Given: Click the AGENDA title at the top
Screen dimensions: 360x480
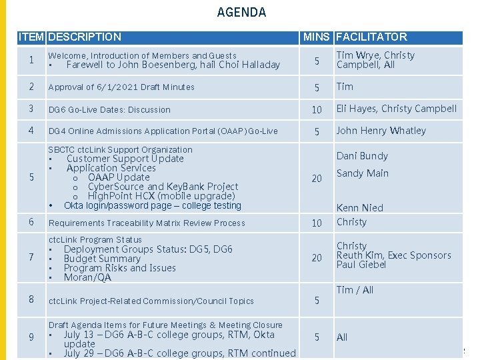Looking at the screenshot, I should click(x=241, y=12).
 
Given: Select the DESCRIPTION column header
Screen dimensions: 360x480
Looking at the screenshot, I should click(x=85, y=37).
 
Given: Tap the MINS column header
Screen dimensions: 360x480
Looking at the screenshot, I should click(x=316, y=37).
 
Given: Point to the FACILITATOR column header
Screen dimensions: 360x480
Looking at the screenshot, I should click(x=371, y=37).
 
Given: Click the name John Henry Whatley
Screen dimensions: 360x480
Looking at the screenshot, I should click(x=381, y=131).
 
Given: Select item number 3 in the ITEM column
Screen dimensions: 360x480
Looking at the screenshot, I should click(x=31, y=109).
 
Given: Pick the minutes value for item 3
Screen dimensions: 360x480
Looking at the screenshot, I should click(x=317, y=109).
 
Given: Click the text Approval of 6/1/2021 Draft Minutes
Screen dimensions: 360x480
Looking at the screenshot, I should click(x=121, y=87).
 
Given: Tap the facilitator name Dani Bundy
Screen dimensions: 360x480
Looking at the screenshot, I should click(x=362, y=156).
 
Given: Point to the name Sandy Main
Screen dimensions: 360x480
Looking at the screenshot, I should click(x=362, y=173).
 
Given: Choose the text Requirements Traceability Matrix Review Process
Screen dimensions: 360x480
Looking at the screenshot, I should click(x=147, y=223).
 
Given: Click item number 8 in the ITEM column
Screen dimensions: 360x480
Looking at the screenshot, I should click(x=31, y=300).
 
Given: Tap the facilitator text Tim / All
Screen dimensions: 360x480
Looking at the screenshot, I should click(x=355, y=290).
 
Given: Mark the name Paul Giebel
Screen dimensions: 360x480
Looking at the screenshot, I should click(x=361, y=265).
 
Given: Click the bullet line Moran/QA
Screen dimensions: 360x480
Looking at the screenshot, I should click(x=87, y=277).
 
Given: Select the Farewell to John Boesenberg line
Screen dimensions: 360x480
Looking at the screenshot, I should click(x=173, y=65).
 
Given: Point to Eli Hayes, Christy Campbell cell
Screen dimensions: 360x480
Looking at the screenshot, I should click(x=396, y=109).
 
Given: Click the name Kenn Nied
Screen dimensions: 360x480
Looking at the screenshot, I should click(x=359, y=208).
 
